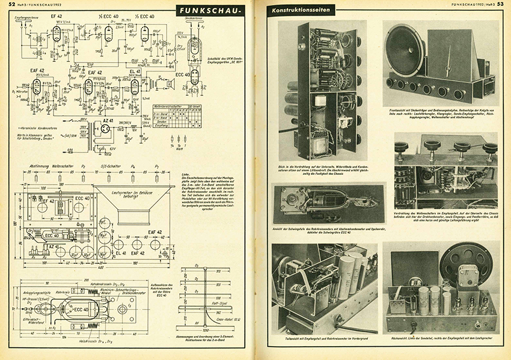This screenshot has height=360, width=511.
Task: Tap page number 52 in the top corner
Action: click(11, 5)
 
